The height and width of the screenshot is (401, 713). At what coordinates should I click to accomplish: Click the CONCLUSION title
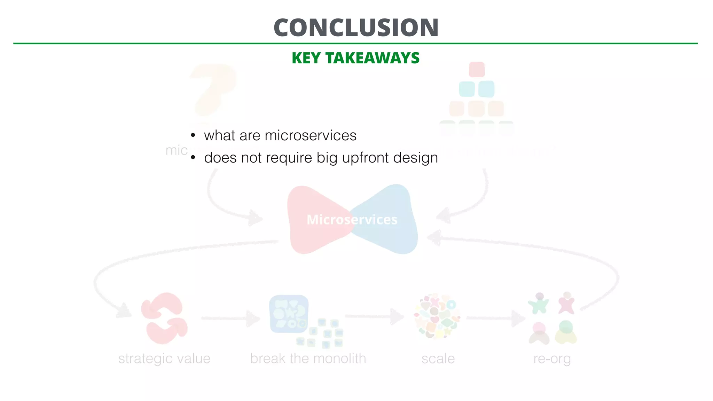pyautogui.click(x=356, y=28)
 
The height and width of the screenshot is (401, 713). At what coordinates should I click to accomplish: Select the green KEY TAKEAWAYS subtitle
pyautogui.click(x=355, y=58)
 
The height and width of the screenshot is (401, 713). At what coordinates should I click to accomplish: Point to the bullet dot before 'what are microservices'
pyautogui.click(x=193, y=135)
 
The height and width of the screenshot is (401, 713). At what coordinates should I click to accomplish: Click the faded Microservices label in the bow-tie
pyautogui.click(x=352, y=220)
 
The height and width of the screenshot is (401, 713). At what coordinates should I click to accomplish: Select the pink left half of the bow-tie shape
pyautogui.click(x=310, y=219)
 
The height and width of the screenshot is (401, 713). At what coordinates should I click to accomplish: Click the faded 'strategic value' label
pyautogui.click(x=164, y=359)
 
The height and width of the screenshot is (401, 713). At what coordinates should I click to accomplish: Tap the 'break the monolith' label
pyautogui.click(x=308, y=359)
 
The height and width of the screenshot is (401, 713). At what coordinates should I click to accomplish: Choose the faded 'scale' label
pyautogui.click(x=438, y=359)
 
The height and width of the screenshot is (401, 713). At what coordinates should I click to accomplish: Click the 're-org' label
pyautogui.click(x=552, y=359)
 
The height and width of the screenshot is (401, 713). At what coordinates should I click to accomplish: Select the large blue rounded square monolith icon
pyautogui.click(x=289, y=314)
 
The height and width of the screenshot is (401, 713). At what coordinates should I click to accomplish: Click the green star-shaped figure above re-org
pyautogui.click(x=539, y=304)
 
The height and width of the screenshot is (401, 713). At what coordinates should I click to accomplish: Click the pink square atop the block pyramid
pyautogui.click(x=477, y=69)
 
